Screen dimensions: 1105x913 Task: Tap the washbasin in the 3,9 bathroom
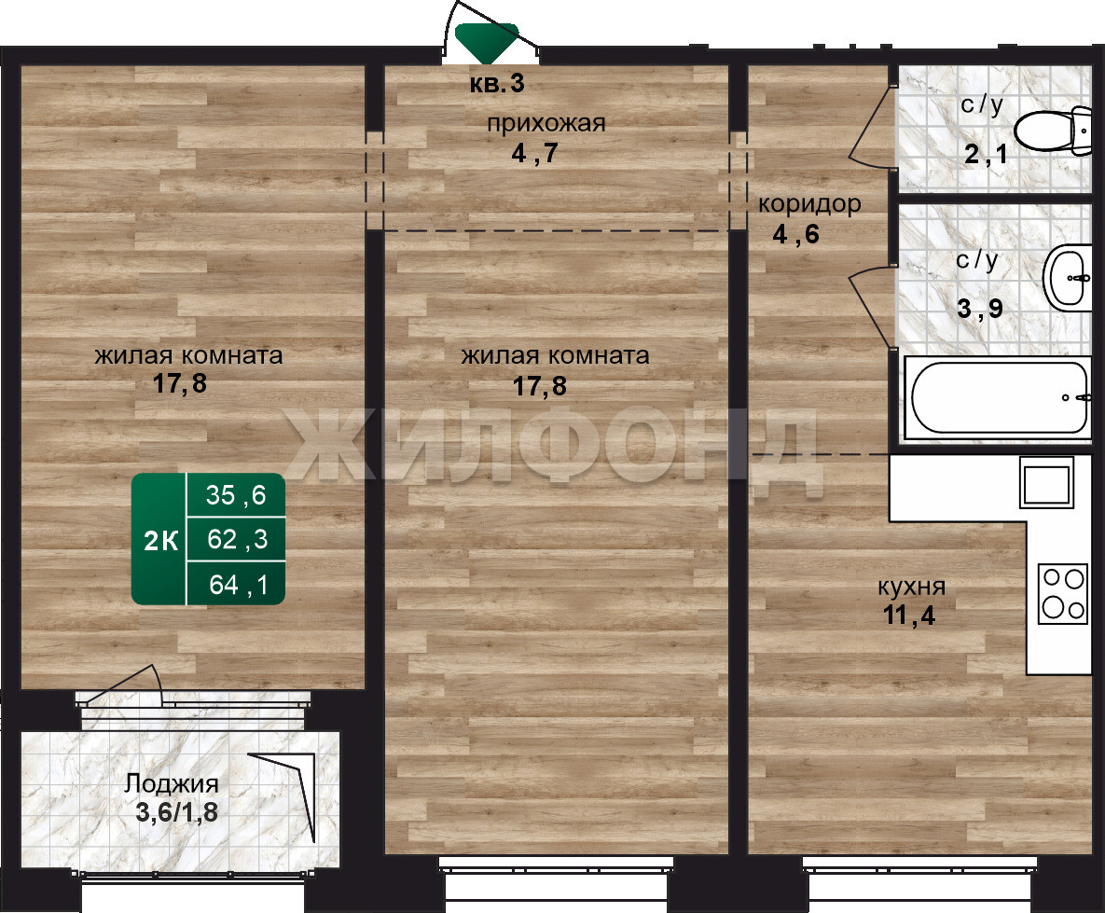coord(1067,278)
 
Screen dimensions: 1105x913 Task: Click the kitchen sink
coord(1046,482)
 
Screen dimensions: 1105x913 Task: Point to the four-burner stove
coord(1063,593)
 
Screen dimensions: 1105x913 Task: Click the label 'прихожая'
coord(546,124)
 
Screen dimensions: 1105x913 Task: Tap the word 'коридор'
coord(809,204)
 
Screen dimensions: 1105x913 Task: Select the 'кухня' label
coord(911,587)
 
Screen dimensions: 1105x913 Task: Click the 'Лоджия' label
coord(172,783)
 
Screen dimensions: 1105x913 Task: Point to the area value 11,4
coord(909,616)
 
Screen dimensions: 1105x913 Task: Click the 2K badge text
coord(160,541)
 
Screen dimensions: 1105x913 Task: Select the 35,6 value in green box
coord(236,495)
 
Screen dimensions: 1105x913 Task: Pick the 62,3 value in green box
coord(238,539)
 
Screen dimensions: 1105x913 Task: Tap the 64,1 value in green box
coord(239,585)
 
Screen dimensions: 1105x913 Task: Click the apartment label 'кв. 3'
coord(497,84)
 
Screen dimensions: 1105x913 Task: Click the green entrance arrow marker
coord(487,42)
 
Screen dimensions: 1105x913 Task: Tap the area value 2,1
coord(986,154)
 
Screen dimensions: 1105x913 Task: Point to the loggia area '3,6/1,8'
coord(176,812)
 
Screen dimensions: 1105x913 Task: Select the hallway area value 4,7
coord(534,153)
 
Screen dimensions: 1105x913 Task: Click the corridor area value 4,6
coord(795,234)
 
